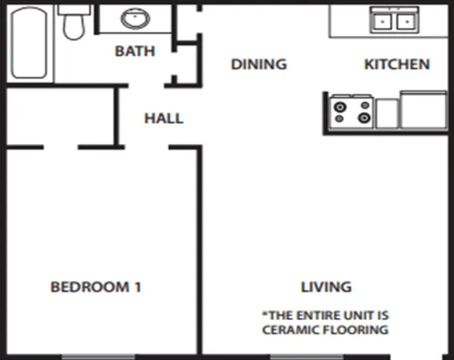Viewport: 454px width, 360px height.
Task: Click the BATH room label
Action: [135, 51]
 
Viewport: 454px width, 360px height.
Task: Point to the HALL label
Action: [163, 118]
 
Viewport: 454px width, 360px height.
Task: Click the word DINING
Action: [259, 64]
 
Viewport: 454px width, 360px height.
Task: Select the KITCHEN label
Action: [397, 64]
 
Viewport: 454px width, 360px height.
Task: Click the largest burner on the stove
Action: [364, 118]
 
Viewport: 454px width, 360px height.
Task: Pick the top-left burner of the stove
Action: [340, 105]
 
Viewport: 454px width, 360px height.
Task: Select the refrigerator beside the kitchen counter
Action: [423, 110]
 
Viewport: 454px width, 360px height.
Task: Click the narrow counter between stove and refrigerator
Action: [387, 113]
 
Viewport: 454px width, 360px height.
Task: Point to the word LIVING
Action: [326, 286]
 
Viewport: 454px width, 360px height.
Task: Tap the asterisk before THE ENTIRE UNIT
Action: [265, 314]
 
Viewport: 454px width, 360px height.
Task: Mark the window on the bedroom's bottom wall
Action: [87, 356]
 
